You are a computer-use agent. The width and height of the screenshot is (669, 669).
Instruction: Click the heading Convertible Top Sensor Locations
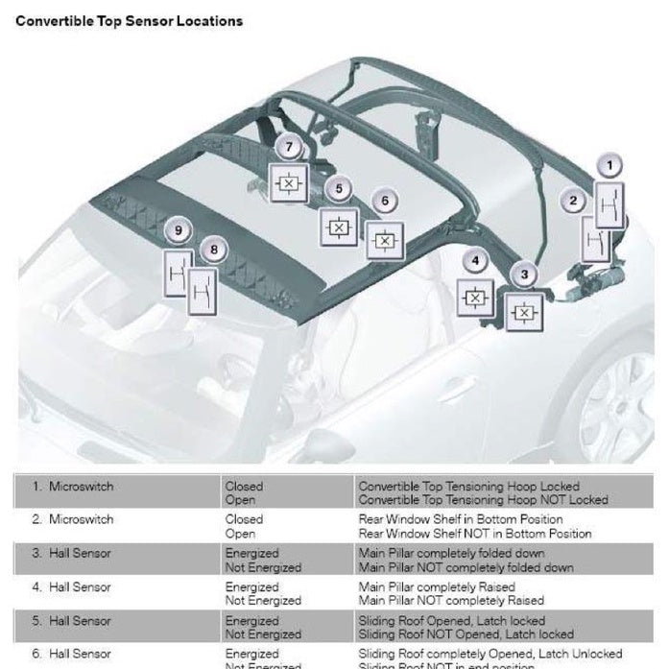[x=129, y=20]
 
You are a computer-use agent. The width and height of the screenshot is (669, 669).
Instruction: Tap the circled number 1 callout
[x=607, y=166]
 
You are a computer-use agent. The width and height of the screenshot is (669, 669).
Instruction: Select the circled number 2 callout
[x=573, y=201]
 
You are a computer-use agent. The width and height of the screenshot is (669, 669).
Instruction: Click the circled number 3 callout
[x=523, y=275]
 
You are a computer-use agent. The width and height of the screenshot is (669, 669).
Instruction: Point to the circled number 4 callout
[x=473, y=260]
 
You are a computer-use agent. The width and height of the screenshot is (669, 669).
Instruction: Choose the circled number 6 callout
[x=385, y=202]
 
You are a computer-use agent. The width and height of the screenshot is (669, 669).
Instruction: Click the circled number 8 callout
[x=213, y=251]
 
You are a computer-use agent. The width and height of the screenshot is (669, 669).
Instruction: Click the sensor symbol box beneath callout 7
[x=288, y=182]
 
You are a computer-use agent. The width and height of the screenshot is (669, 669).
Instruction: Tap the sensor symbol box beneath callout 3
[x=524, y=312]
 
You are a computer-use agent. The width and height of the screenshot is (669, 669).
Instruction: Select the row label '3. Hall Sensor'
[x=72, y=553]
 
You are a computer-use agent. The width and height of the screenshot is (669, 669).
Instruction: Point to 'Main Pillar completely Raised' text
[x=437, y=586]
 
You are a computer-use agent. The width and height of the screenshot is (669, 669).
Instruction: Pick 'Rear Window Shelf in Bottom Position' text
[x=461, y=519]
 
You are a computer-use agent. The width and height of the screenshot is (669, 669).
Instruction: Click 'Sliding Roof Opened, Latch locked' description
[x=451, y=620]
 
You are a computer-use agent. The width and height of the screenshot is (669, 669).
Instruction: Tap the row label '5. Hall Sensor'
[x=72, y=620]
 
